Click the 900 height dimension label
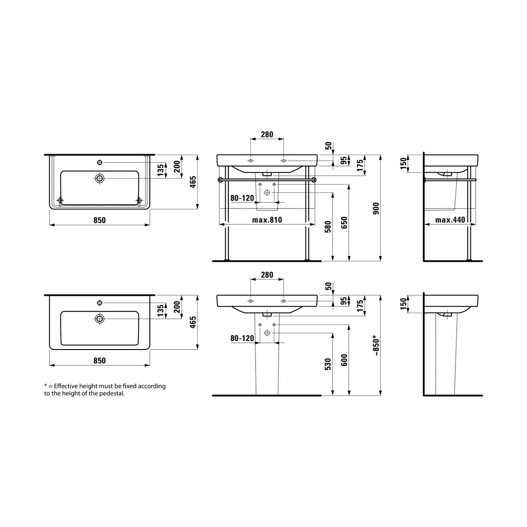click(376, 208)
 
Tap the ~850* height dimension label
click(376, 345)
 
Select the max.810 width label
click(267, 220)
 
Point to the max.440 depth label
click(450, 220)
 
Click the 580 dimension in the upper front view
click(328, 227)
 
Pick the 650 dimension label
click(344, 223)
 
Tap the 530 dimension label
click(328, 364)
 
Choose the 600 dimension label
click(344, 360)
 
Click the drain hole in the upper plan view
click(100, 179)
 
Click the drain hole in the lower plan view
click(100, 318)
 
